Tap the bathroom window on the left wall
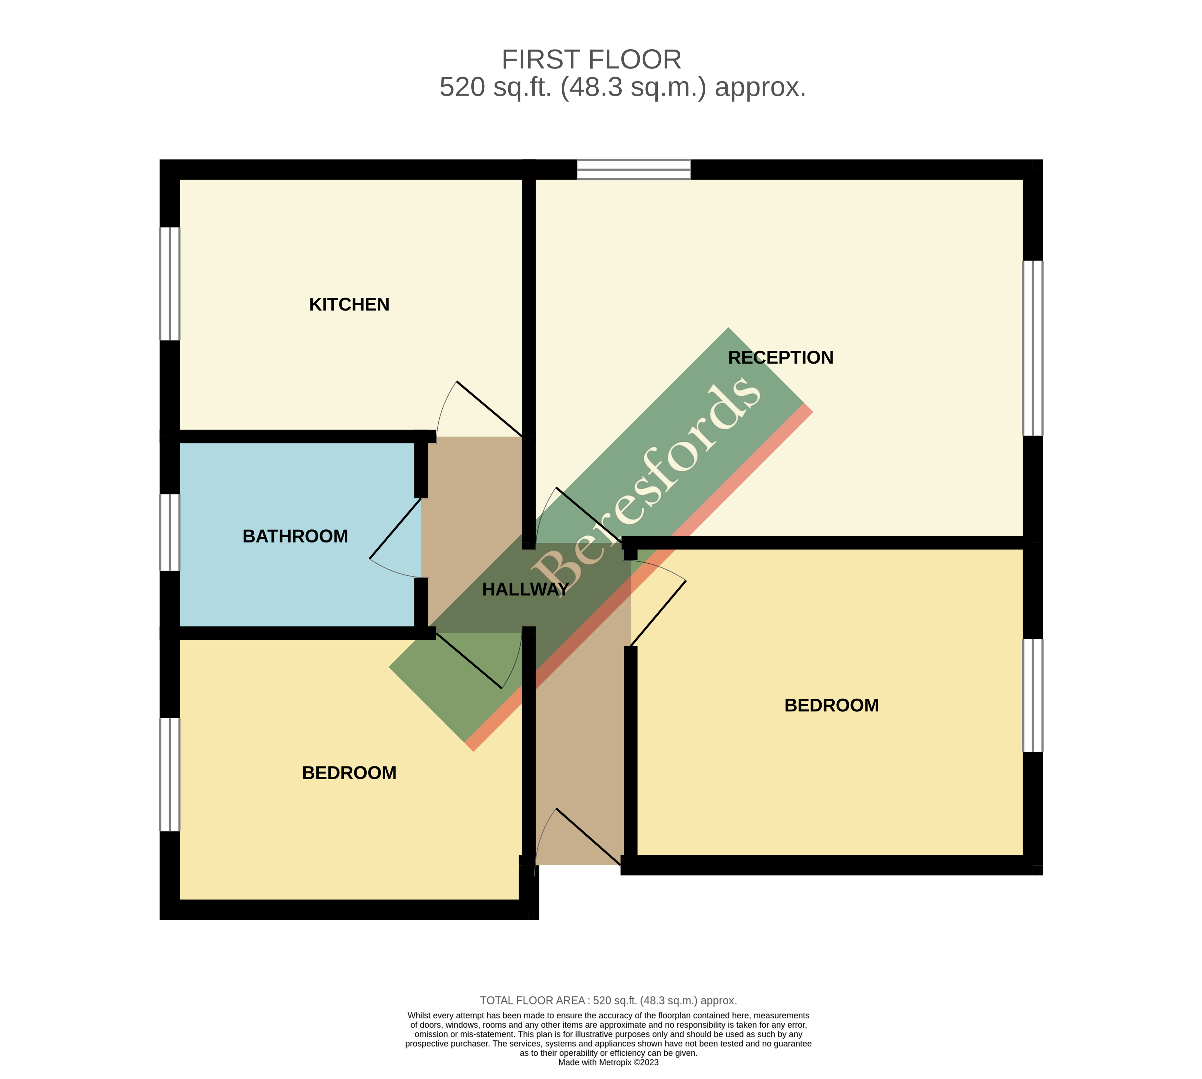click(x=170, y=532)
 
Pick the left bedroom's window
click(x=170, y=774)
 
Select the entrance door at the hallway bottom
click(x=589, y=836)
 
